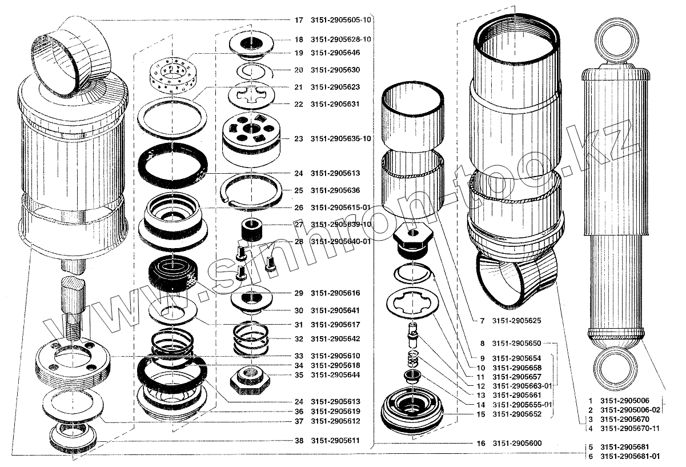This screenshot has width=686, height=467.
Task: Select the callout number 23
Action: pos(298,139)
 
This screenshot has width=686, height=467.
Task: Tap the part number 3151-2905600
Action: pos(517,444)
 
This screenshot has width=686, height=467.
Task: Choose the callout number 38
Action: pos(298,441)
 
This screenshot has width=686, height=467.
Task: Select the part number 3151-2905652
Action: pos(517,414)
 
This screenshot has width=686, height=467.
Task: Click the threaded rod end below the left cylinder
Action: pos(73,330)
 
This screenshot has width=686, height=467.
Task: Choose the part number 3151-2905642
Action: pos(335,339)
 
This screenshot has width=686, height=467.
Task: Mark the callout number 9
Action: pos(482,358)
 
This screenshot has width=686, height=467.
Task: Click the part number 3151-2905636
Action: pos(335,190)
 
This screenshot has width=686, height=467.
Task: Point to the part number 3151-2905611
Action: pos(335,441)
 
